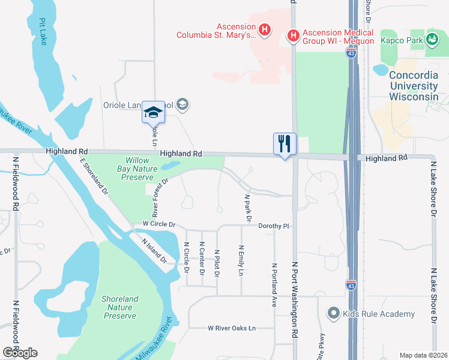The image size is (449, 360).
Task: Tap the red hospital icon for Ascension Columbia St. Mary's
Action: point(264,29)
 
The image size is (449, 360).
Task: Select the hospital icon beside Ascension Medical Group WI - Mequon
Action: point(294,37)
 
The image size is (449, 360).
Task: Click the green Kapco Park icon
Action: point(432,40)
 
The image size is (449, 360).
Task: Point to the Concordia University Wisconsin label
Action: point(414,86)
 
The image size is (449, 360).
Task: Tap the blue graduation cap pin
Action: point(153,113)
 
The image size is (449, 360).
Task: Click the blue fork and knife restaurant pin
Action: point(285,144)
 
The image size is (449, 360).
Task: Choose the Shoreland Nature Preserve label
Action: point(119,307)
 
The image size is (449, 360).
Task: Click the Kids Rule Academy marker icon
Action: point(334,313)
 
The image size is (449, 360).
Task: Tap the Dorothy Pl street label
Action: point(274,226)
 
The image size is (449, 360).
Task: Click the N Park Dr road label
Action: point(247,207)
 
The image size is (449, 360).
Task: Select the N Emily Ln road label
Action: point(241,260)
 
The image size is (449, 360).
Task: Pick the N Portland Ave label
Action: point(274,285)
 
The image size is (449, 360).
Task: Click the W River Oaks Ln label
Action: point(232,328)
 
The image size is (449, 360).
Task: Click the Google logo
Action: point(20,353)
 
